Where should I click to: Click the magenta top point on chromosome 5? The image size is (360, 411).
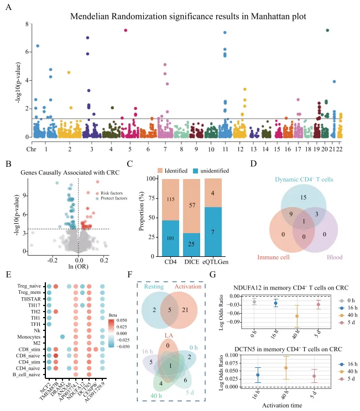[x=126, y=30]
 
